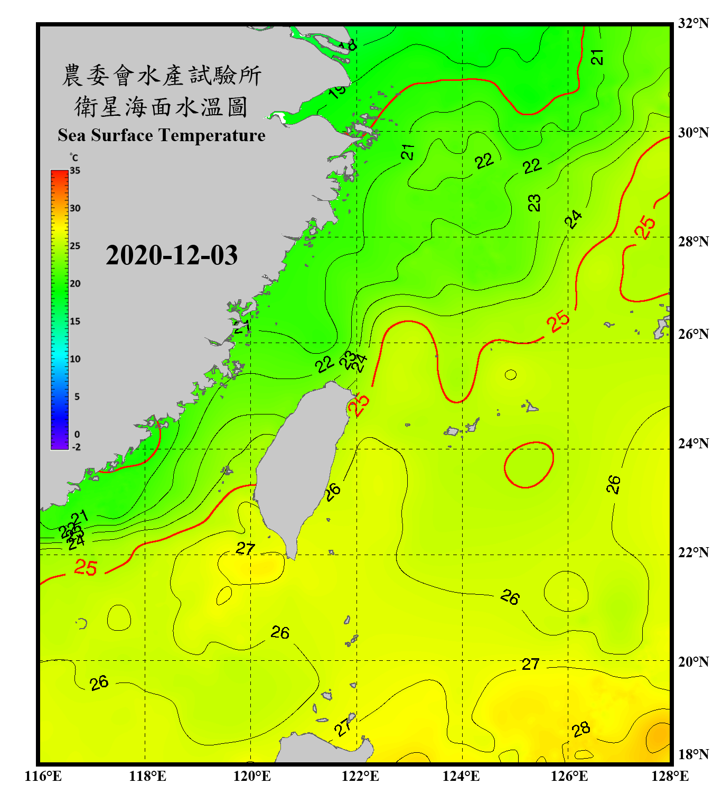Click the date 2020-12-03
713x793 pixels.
pyautogui.click(x=172, y=255)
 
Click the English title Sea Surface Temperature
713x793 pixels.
pyautogui.click(x=162, y=135)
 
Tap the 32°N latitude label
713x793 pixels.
pyautogui.click(x=693, y=23)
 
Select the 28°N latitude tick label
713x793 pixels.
pyautogui.click(x=693, y=241)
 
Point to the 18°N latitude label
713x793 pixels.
pyautogui.click(x=693, y=754)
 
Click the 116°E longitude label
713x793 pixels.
pyautogui.click(x=43, y=776)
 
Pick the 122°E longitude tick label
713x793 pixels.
pyautogui.click(x=360, y=776)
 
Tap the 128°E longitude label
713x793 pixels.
pyautogui.click(x=670, y=776)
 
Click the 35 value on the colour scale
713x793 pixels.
pyautogui.click(x=75, y=171)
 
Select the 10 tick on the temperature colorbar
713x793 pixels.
pyautogui.click(x=75, y=359)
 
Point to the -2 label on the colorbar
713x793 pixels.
pyautogui.click(x=76, y=447)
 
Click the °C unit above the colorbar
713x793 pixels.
pyautogui.click(x=74, y=158)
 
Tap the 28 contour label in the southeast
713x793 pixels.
pyautogui.click(x=581, y=730)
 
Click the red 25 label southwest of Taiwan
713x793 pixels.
pyautogui.click(x=86, y=568)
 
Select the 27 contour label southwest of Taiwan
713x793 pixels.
pyautogui.click(x=246, y=548)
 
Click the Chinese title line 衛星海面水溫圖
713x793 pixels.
pyautogui.click(x=161, y=107)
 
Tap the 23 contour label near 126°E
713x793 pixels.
pyautogui.click(x=534, y=202)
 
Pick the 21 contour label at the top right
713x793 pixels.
pyautogui.click(x=597, y=57)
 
